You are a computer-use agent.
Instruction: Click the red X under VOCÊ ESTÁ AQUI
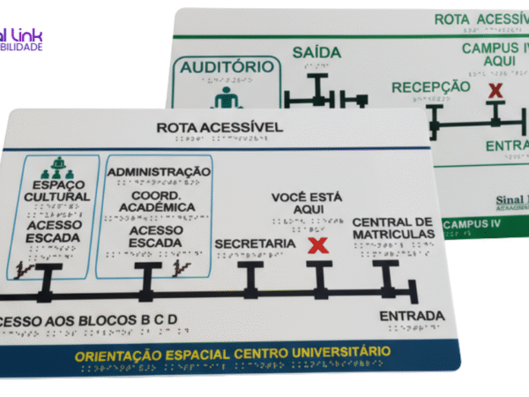click(x=317, y=244)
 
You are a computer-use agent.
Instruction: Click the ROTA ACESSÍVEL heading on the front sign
click(x=220, y=128)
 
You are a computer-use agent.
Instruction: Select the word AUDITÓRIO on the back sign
click(x=227, y=67)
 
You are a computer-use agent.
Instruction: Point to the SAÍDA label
click(x=317, y=52)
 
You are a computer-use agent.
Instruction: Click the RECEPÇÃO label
click(x=431, y=86)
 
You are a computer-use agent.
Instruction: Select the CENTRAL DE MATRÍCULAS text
click(x=393, y=228)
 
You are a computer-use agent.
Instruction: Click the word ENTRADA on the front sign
click(x=412, y=316)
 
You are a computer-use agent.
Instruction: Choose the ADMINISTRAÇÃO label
click(x=160, y=171)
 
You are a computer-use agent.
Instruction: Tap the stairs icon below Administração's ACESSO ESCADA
click(x=183, y=267)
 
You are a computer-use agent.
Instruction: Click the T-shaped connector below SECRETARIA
click(x=253, y=277)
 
